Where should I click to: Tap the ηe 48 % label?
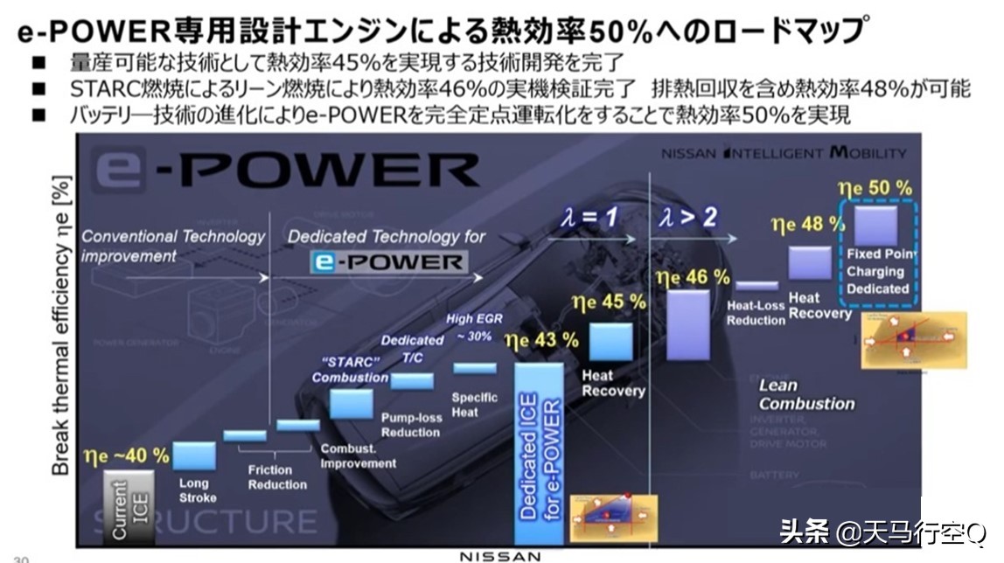coord(798,226)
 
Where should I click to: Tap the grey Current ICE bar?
coord(129,508)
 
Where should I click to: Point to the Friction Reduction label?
coord(277,476)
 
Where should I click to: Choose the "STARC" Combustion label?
coord(350,370)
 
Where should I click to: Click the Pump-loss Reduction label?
coord(411,425)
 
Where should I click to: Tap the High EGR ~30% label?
coord(475,328)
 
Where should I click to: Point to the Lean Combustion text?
coord(805,394)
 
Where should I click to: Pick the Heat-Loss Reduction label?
coord(756,313)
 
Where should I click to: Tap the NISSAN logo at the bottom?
coord(500,555)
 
